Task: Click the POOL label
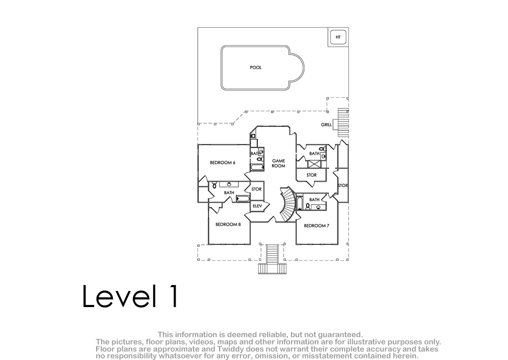[x=256, y=67]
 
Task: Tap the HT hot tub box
[x=338, y=37]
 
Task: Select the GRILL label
[x=326, y=125]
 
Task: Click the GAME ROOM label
[x=279, y=163]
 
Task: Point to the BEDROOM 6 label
[x=223, y=163]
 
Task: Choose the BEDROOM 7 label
[x=316, y=226]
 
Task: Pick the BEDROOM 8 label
[x=228, y=224]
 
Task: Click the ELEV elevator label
[x=257, y=206]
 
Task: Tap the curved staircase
[x=287, y=204]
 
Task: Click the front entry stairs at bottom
[x=272, y=259]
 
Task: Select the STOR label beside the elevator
[x=257, y=189]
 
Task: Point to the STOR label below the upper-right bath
[x=312, y=175]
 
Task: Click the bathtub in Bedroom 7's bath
[x=299, y=203]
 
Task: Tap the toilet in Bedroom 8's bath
[x=214, y=185]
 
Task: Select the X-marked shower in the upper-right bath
[x=314, y=164]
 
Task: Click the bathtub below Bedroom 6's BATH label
[x=257, y=167]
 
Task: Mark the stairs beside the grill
[x=343, y=123]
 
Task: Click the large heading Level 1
[x=130, y=296]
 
